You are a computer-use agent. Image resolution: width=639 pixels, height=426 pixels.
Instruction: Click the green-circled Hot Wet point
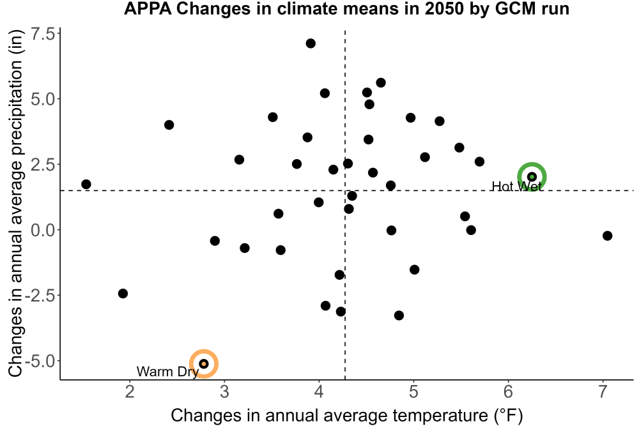tap(532, 177)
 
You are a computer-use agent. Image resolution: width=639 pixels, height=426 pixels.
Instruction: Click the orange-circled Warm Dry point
tap(204, 363)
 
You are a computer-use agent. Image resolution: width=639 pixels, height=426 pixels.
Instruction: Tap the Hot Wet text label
tap(517, 186)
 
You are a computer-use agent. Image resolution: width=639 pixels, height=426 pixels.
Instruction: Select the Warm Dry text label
tap(167, 372)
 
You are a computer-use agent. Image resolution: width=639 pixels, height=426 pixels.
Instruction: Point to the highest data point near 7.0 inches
tap(311, 43)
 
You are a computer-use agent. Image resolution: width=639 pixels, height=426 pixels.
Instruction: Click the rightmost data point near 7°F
tap(607, 236)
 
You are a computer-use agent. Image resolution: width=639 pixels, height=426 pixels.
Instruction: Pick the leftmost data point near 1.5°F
tap(86, 184)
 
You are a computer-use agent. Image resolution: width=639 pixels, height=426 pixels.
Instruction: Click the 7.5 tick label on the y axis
tap(43, 34)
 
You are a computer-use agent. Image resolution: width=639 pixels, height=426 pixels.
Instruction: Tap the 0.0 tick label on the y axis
tap(43, 230)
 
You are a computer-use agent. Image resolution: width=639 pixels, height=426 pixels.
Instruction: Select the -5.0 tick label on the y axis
tap(40, 361)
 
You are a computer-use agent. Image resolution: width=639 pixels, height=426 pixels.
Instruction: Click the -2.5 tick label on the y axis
tap(40, 296)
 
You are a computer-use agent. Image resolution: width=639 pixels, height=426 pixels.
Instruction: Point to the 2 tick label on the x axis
tap(130, 392)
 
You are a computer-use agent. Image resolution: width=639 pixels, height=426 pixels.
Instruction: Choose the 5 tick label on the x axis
tap(413, 392)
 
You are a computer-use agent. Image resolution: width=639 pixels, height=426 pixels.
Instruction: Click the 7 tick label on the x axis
tap(603, 392)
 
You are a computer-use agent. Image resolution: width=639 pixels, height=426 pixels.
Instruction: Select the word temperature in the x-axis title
tap(438, 416)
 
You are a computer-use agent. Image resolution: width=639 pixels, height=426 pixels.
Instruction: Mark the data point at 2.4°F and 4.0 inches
tap(169, 125)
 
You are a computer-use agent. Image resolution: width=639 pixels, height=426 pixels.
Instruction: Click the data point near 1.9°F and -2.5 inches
tap(123, 293)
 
